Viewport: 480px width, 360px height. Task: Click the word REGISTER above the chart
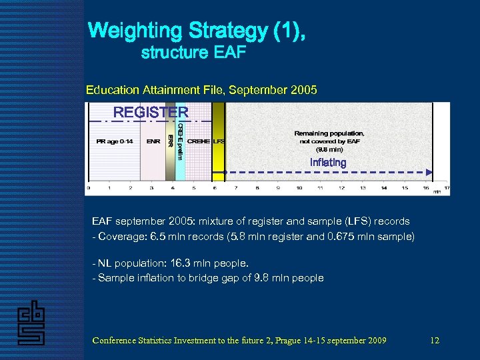(151, 112)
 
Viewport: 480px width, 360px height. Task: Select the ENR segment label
(153, 141)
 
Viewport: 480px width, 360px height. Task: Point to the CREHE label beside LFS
(199, 141)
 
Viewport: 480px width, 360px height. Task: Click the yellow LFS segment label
(219, 141)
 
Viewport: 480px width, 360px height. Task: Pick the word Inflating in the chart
(328, 163)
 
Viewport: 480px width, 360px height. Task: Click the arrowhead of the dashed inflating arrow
(429, 172)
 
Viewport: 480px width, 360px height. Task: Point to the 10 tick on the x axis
(299, 188)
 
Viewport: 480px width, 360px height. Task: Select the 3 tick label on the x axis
(151, 188)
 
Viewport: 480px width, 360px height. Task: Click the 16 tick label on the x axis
(425, 188)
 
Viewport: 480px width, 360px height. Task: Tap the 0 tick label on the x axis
(89, 188)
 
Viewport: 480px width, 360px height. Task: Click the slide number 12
(435, 341)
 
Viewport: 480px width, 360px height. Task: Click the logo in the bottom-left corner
(31, 323)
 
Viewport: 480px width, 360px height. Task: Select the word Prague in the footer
(293, 341)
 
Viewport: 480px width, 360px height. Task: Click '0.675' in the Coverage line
(361, 237)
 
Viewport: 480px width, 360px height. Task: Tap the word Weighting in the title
(136, 31)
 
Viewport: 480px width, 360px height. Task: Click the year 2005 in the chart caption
(305, 89)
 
